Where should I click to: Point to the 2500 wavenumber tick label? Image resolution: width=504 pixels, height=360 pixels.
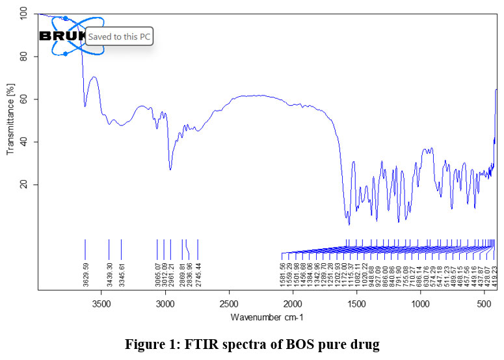[229, 303]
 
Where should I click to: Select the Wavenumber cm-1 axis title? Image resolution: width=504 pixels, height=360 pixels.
[267, 317]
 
